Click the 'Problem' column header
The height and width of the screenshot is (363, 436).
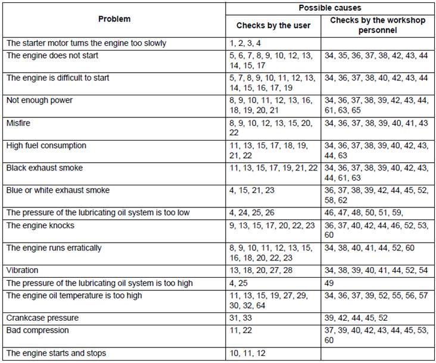point(114,19)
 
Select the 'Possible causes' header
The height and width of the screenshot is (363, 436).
point(330,8)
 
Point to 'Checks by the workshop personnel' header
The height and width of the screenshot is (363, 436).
point(378,25)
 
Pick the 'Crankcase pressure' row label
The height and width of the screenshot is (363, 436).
point(42,318)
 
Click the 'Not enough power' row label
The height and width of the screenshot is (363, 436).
point(39,100)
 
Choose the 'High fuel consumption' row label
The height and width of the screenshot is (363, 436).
point(46,145)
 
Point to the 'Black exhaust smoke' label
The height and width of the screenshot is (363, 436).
point(45,168)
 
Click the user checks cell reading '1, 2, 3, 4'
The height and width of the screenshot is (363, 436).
point(245,44)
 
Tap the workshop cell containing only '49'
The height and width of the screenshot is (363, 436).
point(329,283)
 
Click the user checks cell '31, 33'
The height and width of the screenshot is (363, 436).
point(241,318)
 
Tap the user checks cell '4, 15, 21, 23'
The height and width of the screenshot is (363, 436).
point(252,191)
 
